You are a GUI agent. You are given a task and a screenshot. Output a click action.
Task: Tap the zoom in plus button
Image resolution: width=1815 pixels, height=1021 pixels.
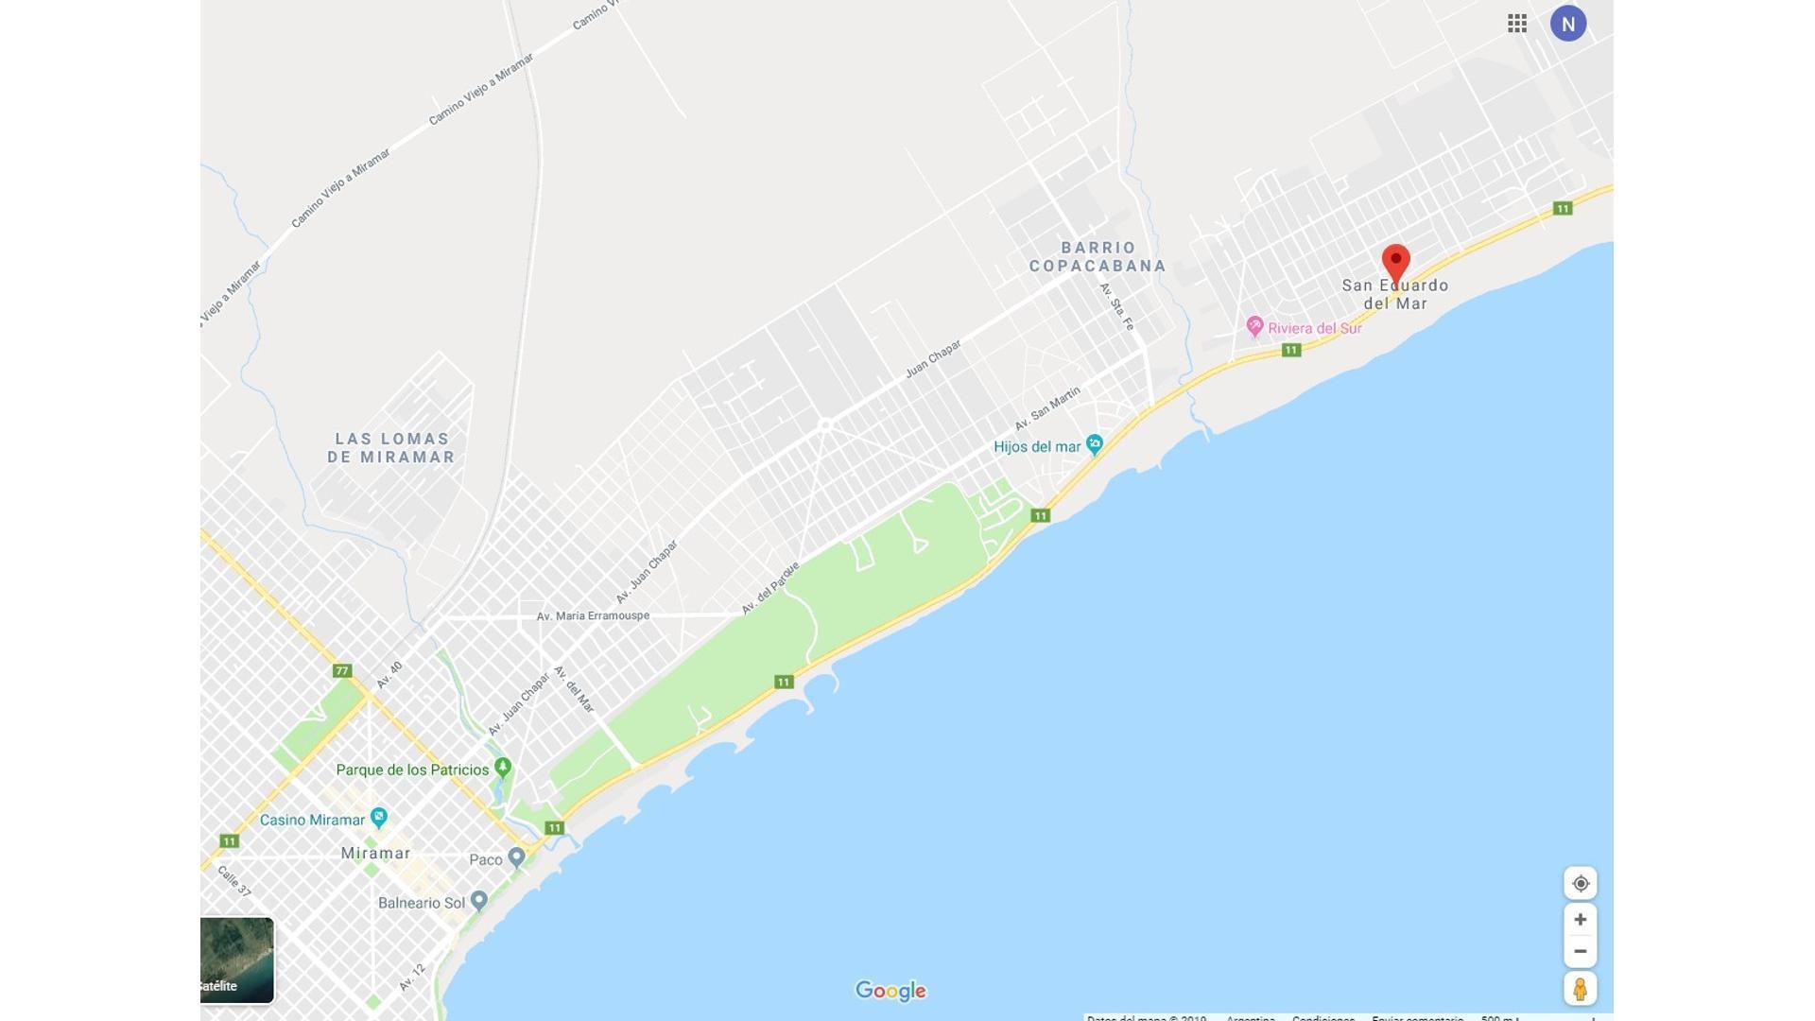tap(1580, 920)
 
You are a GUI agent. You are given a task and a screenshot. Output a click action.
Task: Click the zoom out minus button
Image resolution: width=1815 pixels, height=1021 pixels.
tap(1580, 951)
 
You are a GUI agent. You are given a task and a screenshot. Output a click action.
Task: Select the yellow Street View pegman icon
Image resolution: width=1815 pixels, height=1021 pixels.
tap(1580, 989)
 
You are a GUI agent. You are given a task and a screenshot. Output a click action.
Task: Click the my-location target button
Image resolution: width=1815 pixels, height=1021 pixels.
tap(1580, 884)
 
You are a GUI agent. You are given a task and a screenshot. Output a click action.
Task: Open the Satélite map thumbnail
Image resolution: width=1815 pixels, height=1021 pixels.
tap(236, 960)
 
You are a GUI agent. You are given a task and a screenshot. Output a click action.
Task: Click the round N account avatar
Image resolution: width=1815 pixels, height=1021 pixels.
tap(1567, 24)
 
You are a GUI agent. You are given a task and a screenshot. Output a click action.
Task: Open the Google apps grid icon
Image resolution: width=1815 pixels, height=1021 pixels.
tap(1517, 24)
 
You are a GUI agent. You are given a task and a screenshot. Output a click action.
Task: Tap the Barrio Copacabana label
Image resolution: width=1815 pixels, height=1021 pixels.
tap(1098, 257)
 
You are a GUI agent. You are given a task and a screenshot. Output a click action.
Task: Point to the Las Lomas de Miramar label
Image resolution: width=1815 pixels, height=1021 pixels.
tap(391, 448)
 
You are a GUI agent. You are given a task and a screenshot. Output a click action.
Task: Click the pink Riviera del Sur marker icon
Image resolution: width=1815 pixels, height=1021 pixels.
tap(1254, 327)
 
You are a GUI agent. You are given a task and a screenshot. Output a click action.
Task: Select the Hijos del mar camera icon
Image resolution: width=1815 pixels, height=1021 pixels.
tap(1095, 444)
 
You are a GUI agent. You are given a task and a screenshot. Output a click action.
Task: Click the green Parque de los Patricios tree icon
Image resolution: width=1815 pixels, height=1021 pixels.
tap(503, 767)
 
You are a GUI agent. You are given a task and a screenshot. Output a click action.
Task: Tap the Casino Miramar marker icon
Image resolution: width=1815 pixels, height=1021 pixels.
tap(379, 817)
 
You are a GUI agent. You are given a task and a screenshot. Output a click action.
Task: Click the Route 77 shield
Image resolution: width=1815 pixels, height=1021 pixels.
tap(342, 671)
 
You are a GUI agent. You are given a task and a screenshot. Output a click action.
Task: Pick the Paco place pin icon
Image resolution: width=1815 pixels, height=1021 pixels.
tap(516, 857)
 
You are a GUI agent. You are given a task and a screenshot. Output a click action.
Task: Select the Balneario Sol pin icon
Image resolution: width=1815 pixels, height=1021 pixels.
tap(479, 900)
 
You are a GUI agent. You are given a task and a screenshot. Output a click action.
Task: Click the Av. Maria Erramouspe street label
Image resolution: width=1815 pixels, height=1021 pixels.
tap(593, 616)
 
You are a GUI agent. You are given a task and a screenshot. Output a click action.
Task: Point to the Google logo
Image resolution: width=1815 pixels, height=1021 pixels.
tap(890, 991)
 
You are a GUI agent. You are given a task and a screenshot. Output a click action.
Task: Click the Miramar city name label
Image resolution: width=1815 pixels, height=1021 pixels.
tap(375, 854)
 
